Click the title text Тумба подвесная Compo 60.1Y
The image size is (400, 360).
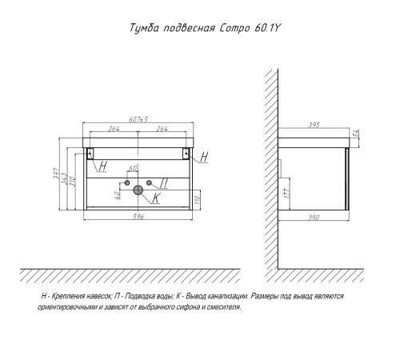click(x=205, y=28)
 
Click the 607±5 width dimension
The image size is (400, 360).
click(x=138, y=119)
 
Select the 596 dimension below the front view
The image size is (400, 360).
click(x=138, y=216)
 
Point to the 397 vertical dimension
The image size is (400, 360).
click(x=56, y=174)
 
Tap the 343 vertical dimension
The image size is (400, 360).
click(x=64, y=178)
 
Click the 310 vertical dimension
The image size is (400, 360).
click(x=73, y=182)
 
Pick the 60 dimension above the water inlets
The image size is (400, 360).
click(x=133, y=169)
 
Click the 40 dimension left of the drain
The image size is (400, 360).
click(x=117, y=195)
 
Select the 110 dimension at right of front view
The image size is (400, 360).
click(x=198, y=199)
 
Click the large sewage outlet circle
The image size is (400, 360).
click(x=138, y=190)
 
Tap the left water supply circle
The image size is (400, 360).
click(x=127, y=182)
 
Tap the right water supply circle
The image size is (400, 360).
click(x=149, y=182)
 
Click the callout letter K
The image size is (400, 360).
click(x=155, y=198)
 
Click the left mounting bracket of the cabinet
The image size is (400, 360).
click(x=90, y=154)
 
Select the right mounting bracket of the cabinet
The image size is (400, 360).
click(x=186, y=154)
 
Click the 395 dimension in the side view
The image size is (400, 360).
click(x=314, y=125)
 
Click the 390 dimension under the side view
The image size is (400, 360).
click(x=314, y=218)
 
